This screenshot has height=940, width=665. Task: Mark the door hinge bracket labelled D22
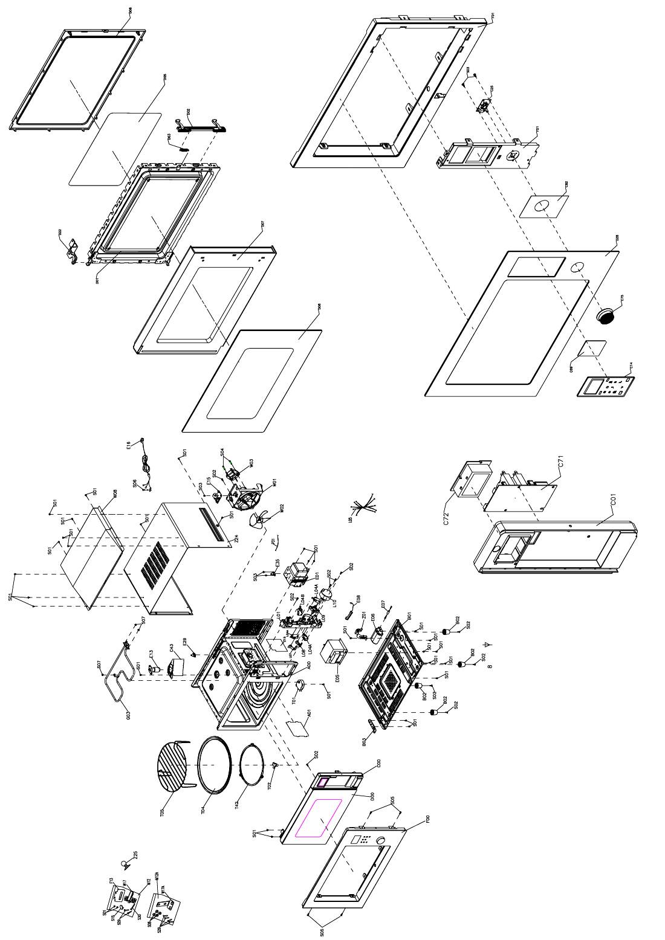(74, 250)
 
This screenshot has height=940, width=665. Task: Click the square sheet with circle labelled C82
(544, 205)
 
